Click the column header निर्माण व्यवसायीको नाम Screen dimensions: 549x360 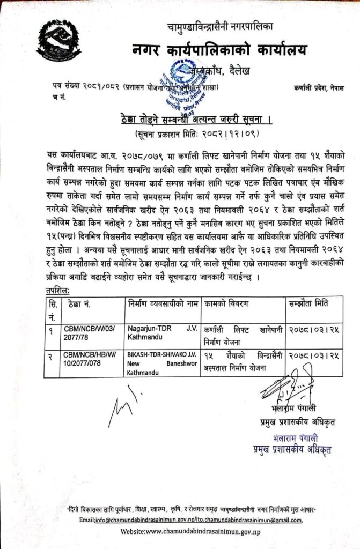tap(162, 305)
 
